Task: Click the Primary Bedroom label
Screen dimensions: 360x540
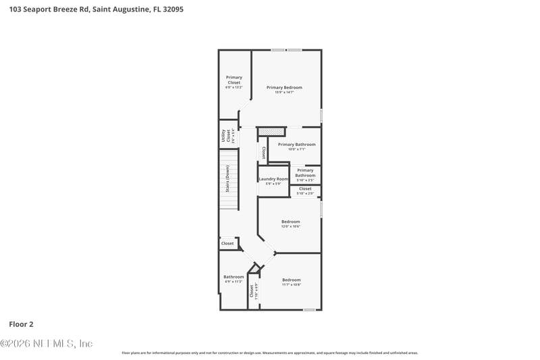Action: point(283,87)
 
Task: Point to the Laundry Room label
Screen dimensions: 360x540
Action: point(273,179)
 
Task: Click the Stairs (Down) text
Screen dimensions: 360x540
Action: point(227,178)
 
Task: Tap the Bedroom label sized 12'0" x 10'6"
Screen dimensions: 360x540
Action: point(290,222)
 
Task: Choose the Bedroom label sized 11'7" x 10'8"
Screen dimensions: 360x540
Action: point(291,280)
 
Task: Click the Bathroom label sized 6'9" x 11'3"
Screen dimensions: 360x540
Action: point(234,277)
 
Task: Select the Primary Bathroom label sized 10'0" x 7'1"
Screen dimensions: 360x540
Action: point(296,145)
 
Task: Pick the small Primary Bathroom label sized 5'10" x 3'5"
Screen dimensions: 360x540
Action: point(305,173)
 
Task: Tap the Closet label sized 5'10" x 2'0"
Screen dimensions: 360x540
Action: point(305,189)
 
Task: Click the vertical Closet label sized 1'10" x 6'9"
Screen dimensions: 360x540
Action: point(252,291)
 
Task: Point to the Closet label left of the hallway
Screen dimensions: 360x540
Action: point(227,243)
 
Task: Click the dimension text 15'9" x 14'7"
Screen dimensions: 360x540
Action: point(283,93)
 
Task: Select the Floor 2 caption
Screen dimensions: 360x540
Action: point(21,324)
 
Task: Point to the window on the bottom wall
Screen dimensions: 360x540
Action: point(309,310)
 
